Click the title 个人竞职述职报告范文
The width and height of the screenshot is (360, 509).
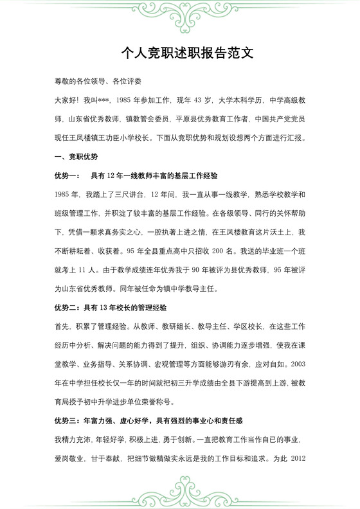[x=179, y=53]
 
